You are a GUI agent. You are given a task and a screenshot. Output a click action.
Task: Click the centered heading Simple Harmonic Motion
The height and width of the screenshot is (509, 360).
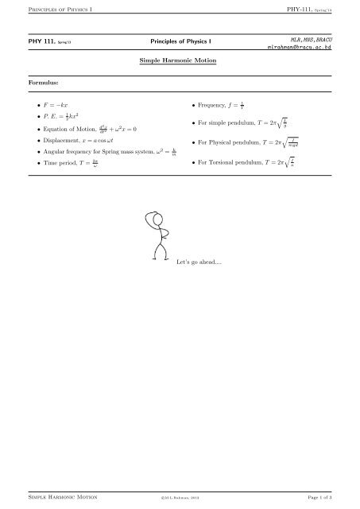[x=179, y=60]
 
